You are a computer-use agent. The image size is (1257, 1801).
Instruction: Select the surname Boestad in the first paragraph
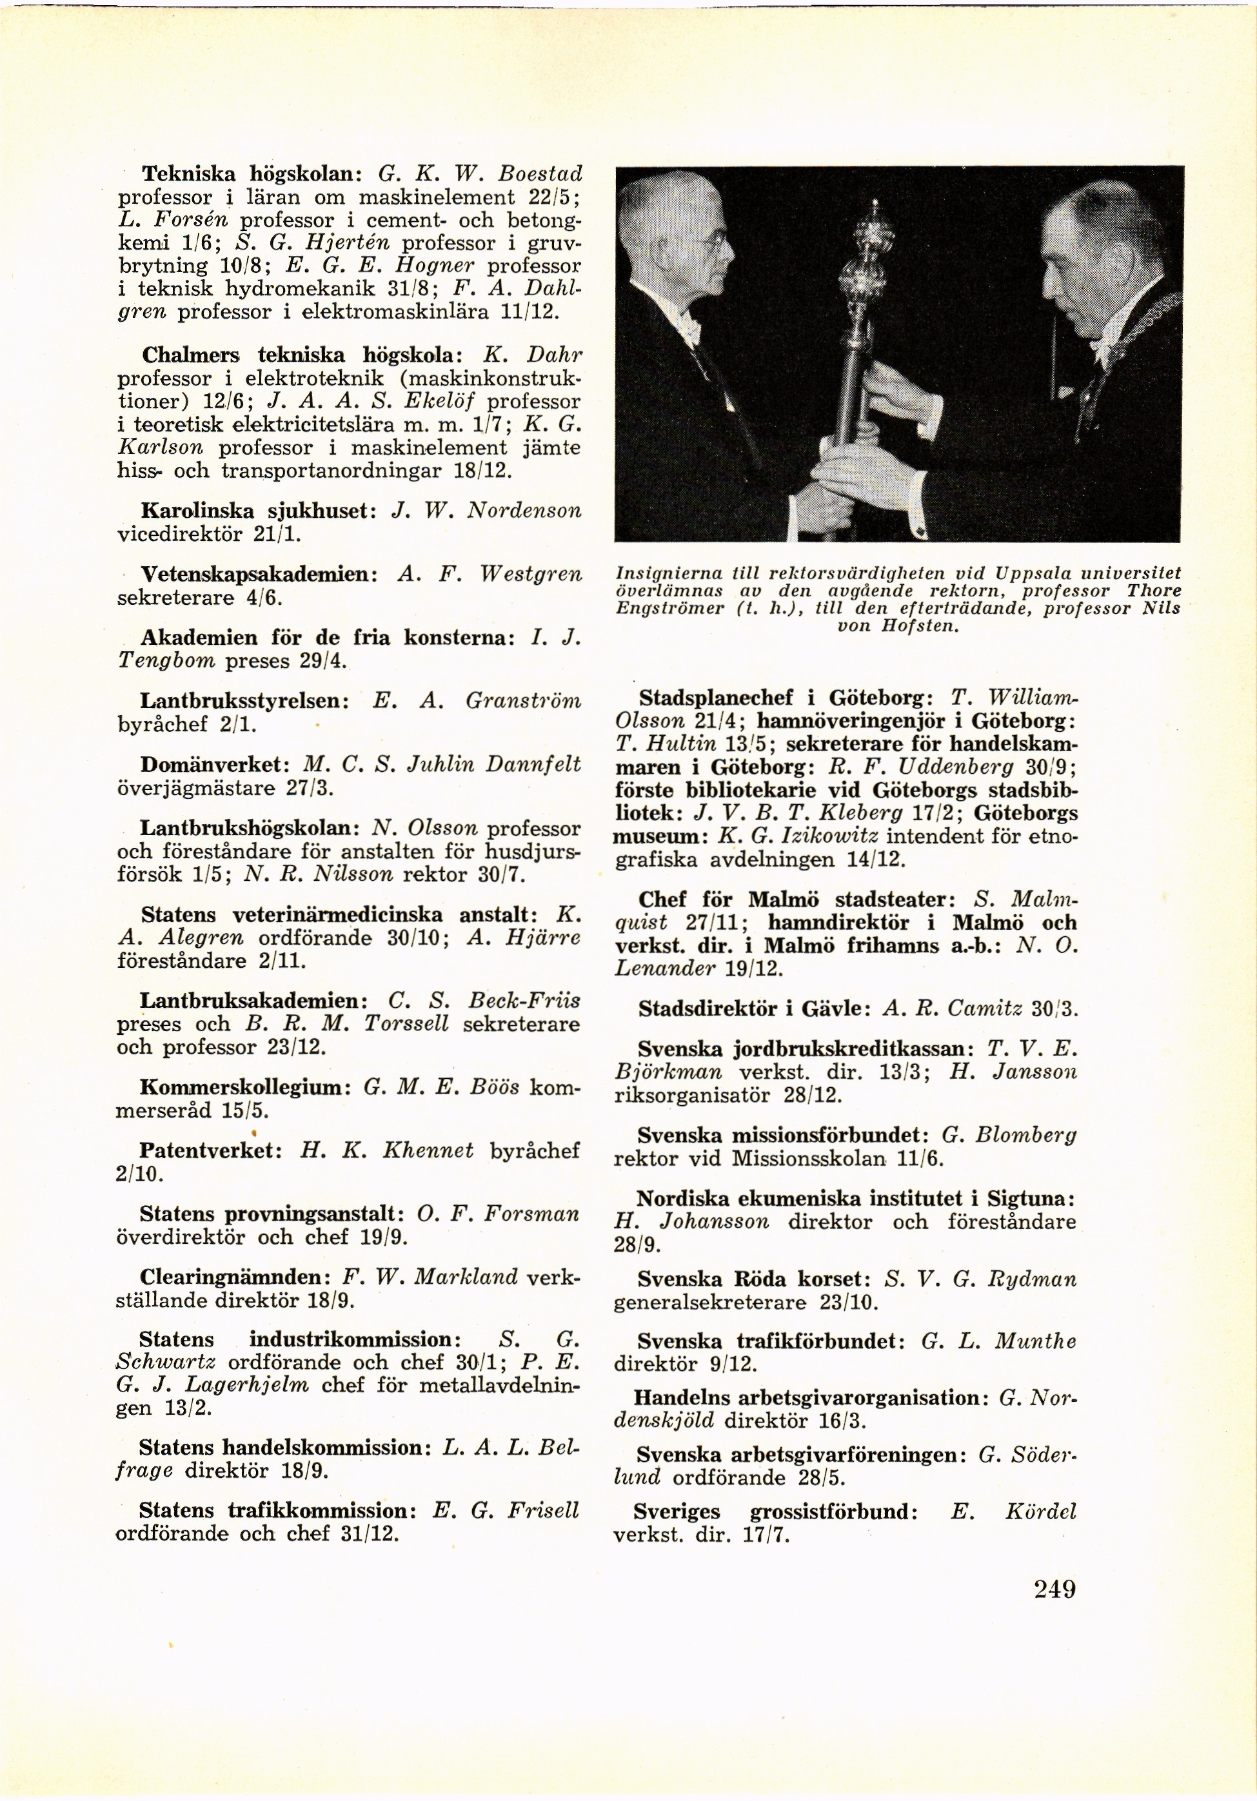541,173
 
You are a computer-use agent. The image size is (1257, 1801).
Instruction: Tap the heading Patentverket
210,1151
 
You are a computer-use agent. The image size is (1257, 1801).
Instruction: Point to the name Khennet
428,1151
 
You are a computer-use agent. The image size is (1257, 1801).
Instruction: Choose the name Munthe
1036,1342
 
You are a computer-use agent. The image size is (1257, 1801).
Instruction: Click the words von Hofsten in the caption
898,627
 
